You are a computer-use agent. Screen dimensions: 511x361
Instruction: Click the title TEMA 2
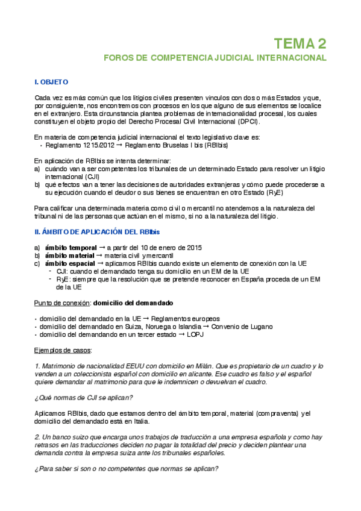coord(300,43)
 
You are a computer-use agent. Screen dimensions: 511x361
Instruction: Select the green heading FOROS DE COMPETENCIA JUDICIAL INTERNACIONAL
coord(215,58)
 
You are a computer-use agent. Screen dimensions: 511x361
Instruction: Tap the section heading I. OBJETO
coord(52,81)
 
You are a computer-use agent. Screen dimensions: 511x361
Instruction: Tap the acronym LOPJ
coord(195,334)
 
